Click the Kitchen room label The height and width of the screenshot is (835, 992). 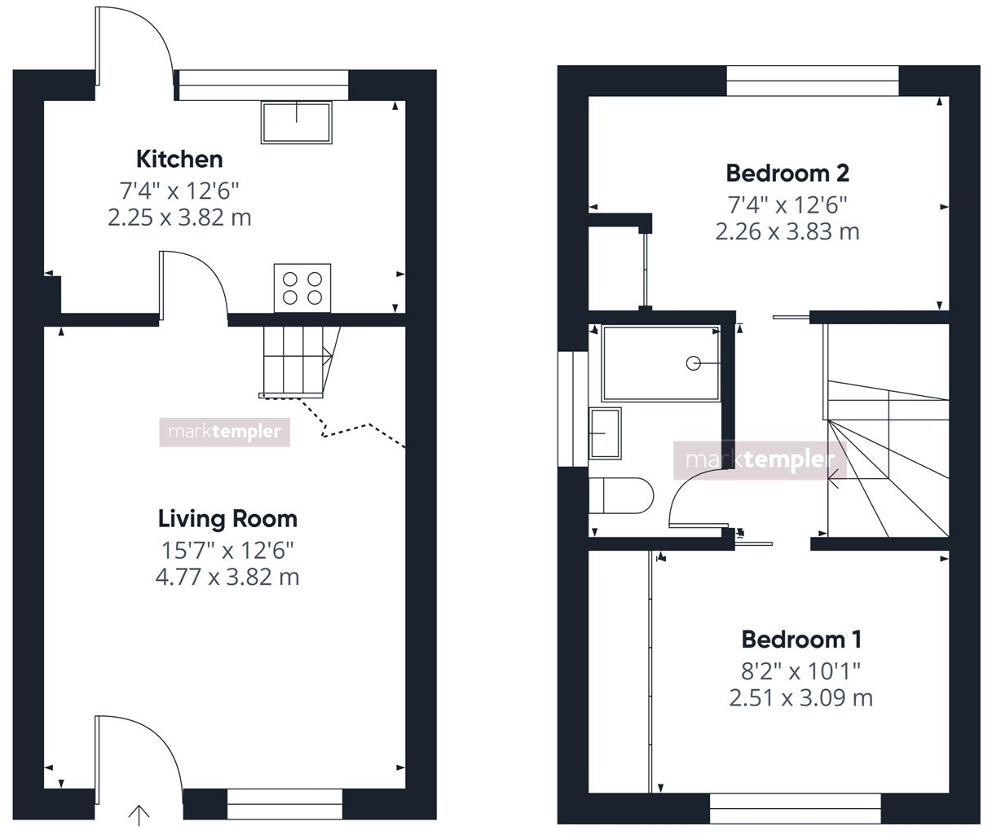click(179, 158)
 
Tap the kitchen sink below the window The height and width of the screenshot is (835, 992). click(297, 122)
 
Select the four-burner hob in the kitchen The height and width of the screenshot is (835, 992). click(302, 288)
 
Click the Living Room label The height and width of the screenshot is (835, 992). click(227, 518)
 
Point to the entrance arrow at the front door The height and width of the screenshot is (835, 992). click(139, 813)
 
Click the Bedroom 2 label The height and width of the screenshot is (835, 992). click(787, 173)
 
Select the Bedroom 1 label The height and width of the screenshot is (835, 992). click(801, 639)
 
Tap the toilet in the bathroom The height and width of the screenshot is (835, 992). click(621, 495)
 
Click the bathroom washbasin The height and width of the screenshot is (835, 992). click(605, 433)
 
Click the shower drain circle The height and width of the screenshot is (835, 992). click(694, 363)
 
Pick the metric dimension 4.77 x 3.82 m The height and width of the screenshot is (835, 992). click(227, 577)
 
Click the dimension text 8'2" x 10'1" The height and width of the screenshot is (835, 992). click(801, 670)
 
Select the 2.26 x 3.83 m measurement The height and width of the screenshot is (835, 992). click(787, 231)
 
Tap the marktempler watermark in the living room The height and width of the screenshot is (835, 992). click(224, 432)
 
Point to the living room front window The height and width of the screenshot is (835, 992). click(284, 803)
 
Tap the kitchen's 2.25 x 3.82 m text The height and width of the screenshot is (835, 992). click(179, 218)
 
